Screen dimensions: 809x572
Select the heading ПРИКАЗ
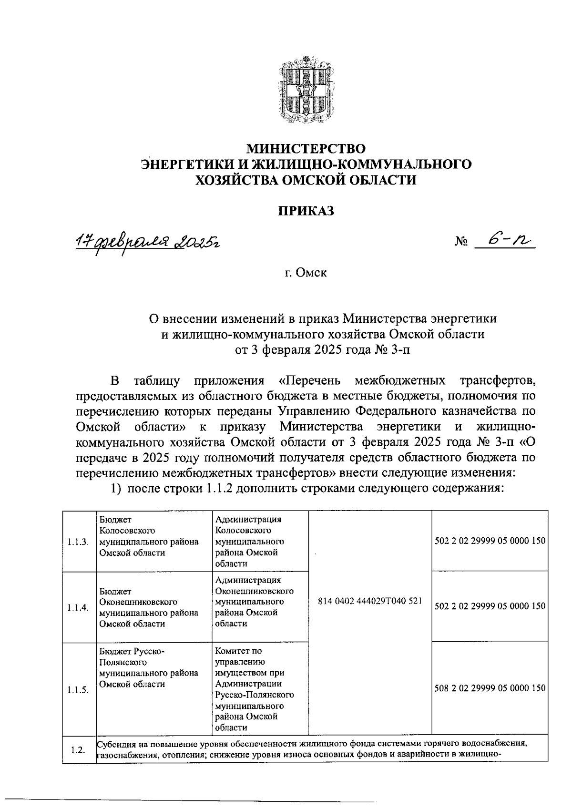306,211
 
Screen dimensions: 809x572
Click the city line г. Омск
306,273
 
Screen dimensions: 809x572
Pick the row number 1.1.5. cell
78,690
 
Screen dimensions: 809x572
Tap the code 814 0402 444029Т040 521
370,601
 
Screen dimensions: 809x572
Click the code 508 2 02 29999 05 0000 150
490,688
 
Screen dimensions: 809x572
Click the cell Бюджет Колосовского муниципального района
148,536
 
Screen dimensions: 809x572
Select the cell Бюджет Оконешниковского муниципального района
148,607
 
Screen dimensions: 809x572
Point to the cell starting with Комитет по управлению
254,689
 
